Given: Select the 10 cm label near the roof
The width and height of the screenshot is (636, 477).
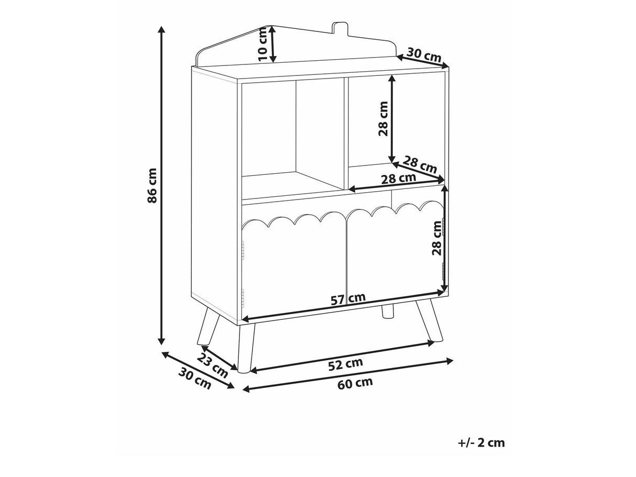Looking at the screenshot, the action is pyautogui.click(x=262, y=44).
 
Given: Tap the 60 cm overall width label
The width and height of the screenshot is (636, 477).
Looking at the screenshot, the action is pyautogui.click(x=355, y=383).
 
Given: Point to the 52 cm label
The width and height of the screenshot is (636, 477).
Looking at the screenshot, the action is pyautogui.click(x=345, y=364).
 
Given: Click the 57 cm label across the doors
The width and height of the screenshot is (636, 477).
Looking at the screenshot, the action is pyautogui.click(x=348, y=299).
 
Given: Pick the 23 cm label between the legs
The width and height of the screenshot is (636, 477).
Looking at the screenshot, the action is pyautogui.click(x=213, y=367).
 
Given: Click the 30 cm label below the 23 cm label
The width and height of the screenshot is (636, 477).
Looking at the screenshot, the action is pyautogui.click(x=194, y=378).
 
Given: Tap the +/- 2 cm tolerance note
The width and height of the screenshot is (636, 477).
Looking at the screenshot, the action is pyautogui.click(x=481, y=451).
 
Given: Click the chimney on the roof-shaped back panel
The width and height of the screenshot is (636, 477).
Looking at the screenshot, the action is pyautogui.click(x=340, y=29).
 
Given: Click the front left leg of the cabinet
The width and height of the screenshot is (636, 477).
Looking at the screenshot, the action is pyautogui.click(x=246, y=348).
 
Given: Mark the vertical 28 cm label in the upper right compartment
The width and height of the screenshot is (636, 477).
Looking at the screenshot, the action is pyautogui.click(x=383, y=118).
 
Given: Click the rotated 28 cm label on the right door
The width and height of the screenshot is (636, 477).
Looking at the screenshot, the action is pyautogui.click(x=436, y=238).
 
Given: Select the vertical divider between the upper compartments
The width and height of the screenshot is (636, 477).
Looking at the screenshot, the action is pyautogui.click(x=346, y=134).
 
